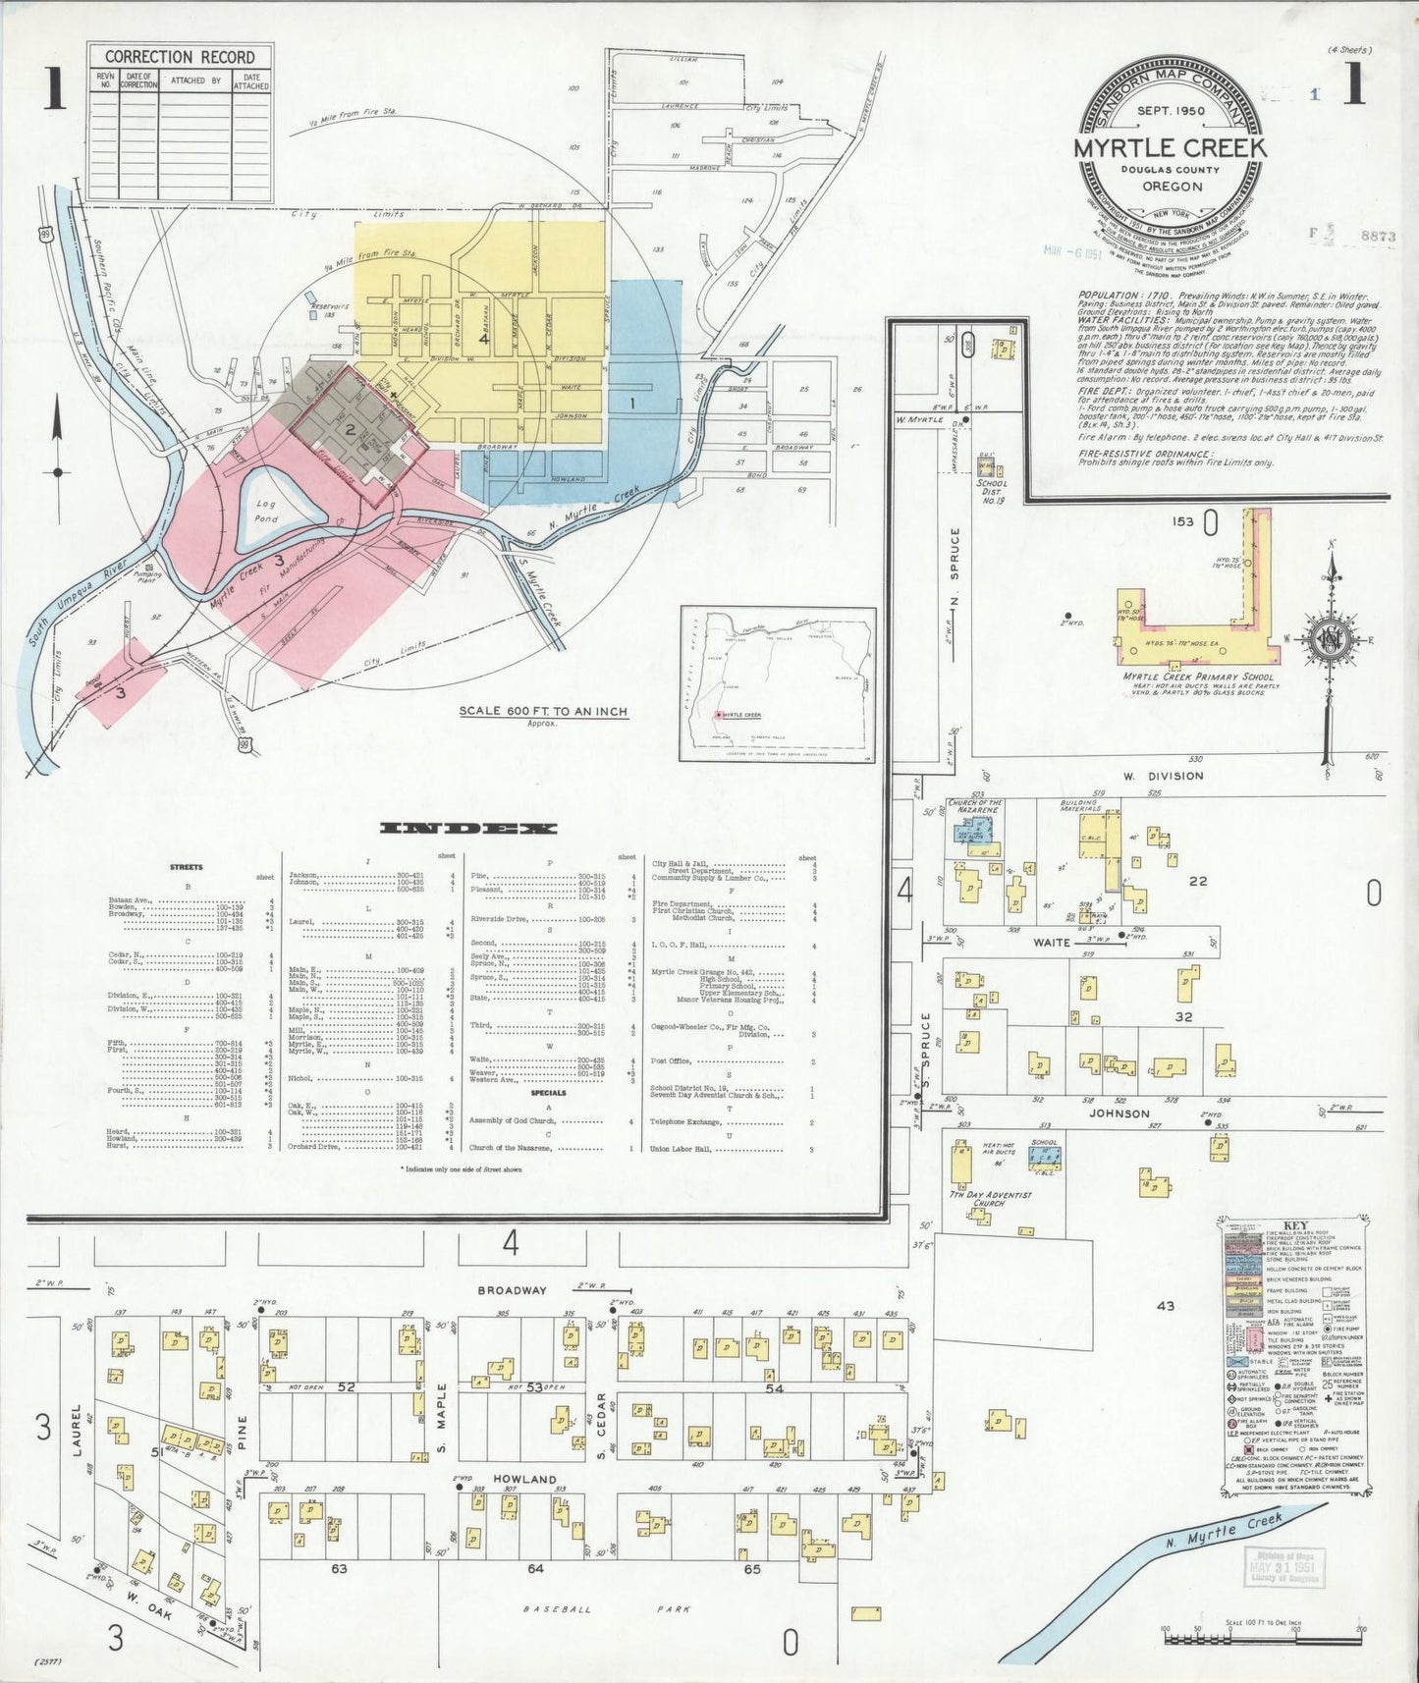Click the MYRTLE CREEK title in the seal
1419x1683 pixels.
click(x=1170, y=148)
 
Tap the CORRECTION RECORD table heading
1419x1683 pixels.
click(x=180, y=57)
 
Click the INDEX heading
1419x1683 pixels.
click(x=467, y=829)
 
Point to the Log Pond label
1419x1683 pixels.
click(x=267, y=511)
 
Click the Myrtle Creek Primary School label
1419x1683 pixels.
click(x=1198, y=677)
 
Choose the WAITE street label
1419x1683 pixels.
click(x=1051, y=942)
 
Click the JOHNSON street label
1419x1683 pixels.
click(x=1118, y=1113)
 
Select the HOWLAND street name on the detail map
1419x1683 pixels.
click(x=524, y=1479)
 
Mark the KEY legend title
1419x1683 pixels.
click(x=1295, y=1225)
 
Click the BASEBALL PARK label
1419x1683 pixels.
click(x=607, y=1609)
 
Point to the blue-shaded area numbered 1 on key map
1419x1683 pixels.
click(x=633, y=403)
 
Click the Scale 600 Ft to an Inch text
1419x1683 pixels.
click(x=543, y=711)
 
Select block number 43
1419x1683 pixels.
click(x=1165, y=1306)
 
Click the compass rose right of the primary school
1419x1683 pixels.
click(x=1332, y=639)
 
